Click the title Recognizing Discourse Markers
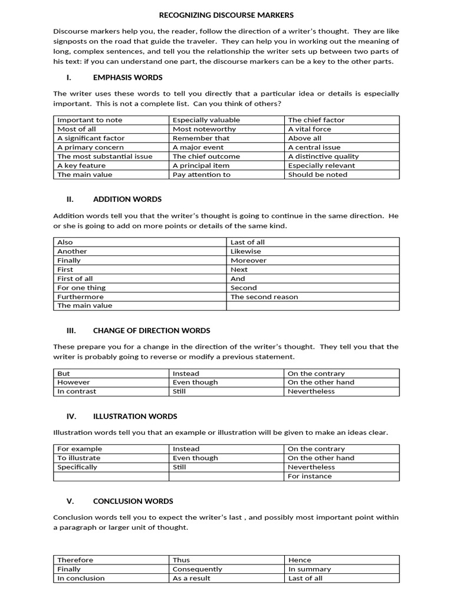226,15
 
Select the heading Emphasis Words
127,77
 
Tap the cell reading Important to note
90,120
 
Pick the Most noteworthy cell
204,129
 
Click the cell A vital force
310,129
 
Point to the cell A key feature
81,166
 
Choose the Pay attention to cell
202,175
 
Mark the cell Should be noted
317,175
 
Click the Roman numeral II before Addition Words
70,199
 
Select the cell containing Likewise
245,251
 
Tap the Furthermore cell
80,297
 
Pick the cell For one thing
81,288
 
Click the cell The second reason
264,297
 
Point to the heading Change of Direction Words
152,331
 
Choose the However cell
74,382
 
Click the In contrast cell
77,391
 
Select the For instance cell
310,476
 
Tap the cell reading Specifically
77,467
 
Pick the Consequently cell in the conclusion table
198,569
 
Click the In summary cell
310,569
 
